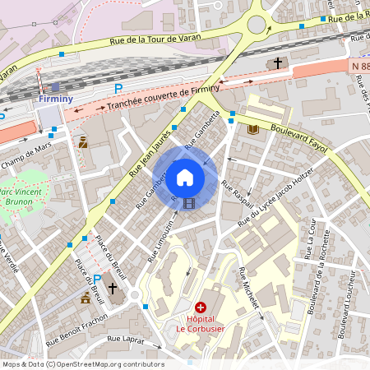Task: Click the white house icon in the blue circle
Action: point(185,177)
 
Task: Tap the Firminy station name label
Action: point(55,99)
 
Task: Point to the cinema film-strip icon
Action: point(190,203)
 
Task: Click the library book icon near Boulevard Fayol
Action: point(252,130)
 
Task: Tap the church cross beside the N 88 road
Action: point(278,62)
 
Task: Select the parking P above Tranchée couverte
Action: point(118,88)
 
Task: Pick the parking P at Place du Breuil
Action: point(97,280)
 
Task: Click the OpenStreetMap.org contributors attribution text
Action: point(112,363)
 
